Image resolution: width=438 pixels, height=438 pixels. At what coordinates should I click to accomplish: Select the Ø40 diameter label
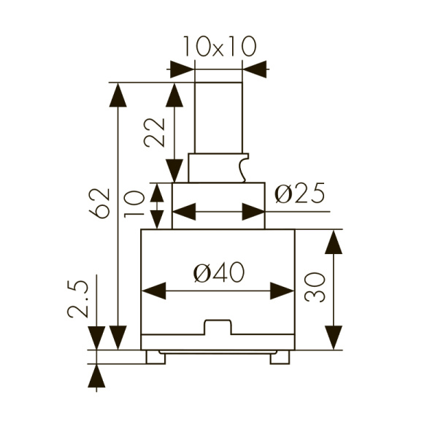click(218, 273)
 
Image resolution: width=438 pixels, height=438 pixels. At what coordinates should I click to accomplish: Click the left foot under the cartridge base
click(155, 357)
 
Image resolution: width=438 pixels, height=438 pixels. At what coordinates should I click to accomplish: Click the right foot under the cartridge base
click(280, 357)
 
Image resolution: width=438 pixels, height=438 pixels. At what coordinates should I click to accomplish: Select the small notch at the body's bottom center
click(218, 327)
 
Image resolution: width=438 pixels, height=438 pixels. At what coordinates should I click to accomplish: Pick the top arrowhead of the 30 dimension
click(334, 242)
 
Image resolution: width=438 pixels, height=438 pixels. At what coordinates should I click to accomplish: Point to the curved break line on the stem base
click(242, 167)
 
